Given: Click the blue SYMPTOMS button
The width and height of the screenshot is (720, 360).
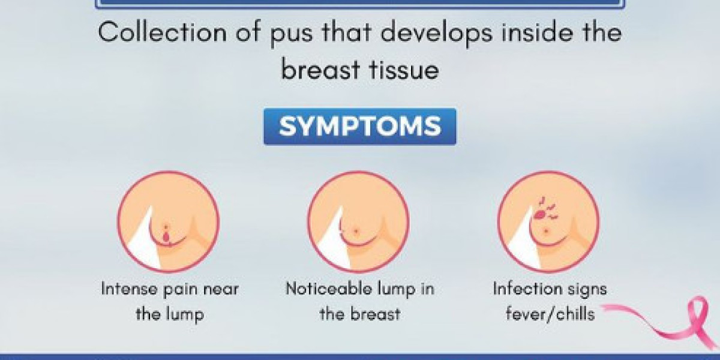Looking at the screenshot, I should point(360,127).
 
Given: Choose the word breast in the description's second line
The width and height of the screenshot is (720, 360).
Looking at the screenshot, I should point(318,70).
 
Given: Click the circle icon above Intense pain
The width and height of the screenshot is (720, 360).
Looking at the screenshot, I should point(168,222).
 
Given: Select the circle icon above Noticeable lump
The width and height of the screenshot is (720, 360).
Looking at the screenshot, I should point(359,222).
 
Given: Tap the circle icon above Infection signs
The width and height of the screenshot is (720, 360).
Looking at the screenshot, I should point(548,222).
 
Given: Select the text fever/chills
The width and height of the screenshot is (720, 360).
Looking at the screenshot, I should point(550,314).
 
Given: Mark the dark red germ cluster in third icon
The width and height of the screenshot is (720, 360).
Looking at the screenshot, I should point(541,211).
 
